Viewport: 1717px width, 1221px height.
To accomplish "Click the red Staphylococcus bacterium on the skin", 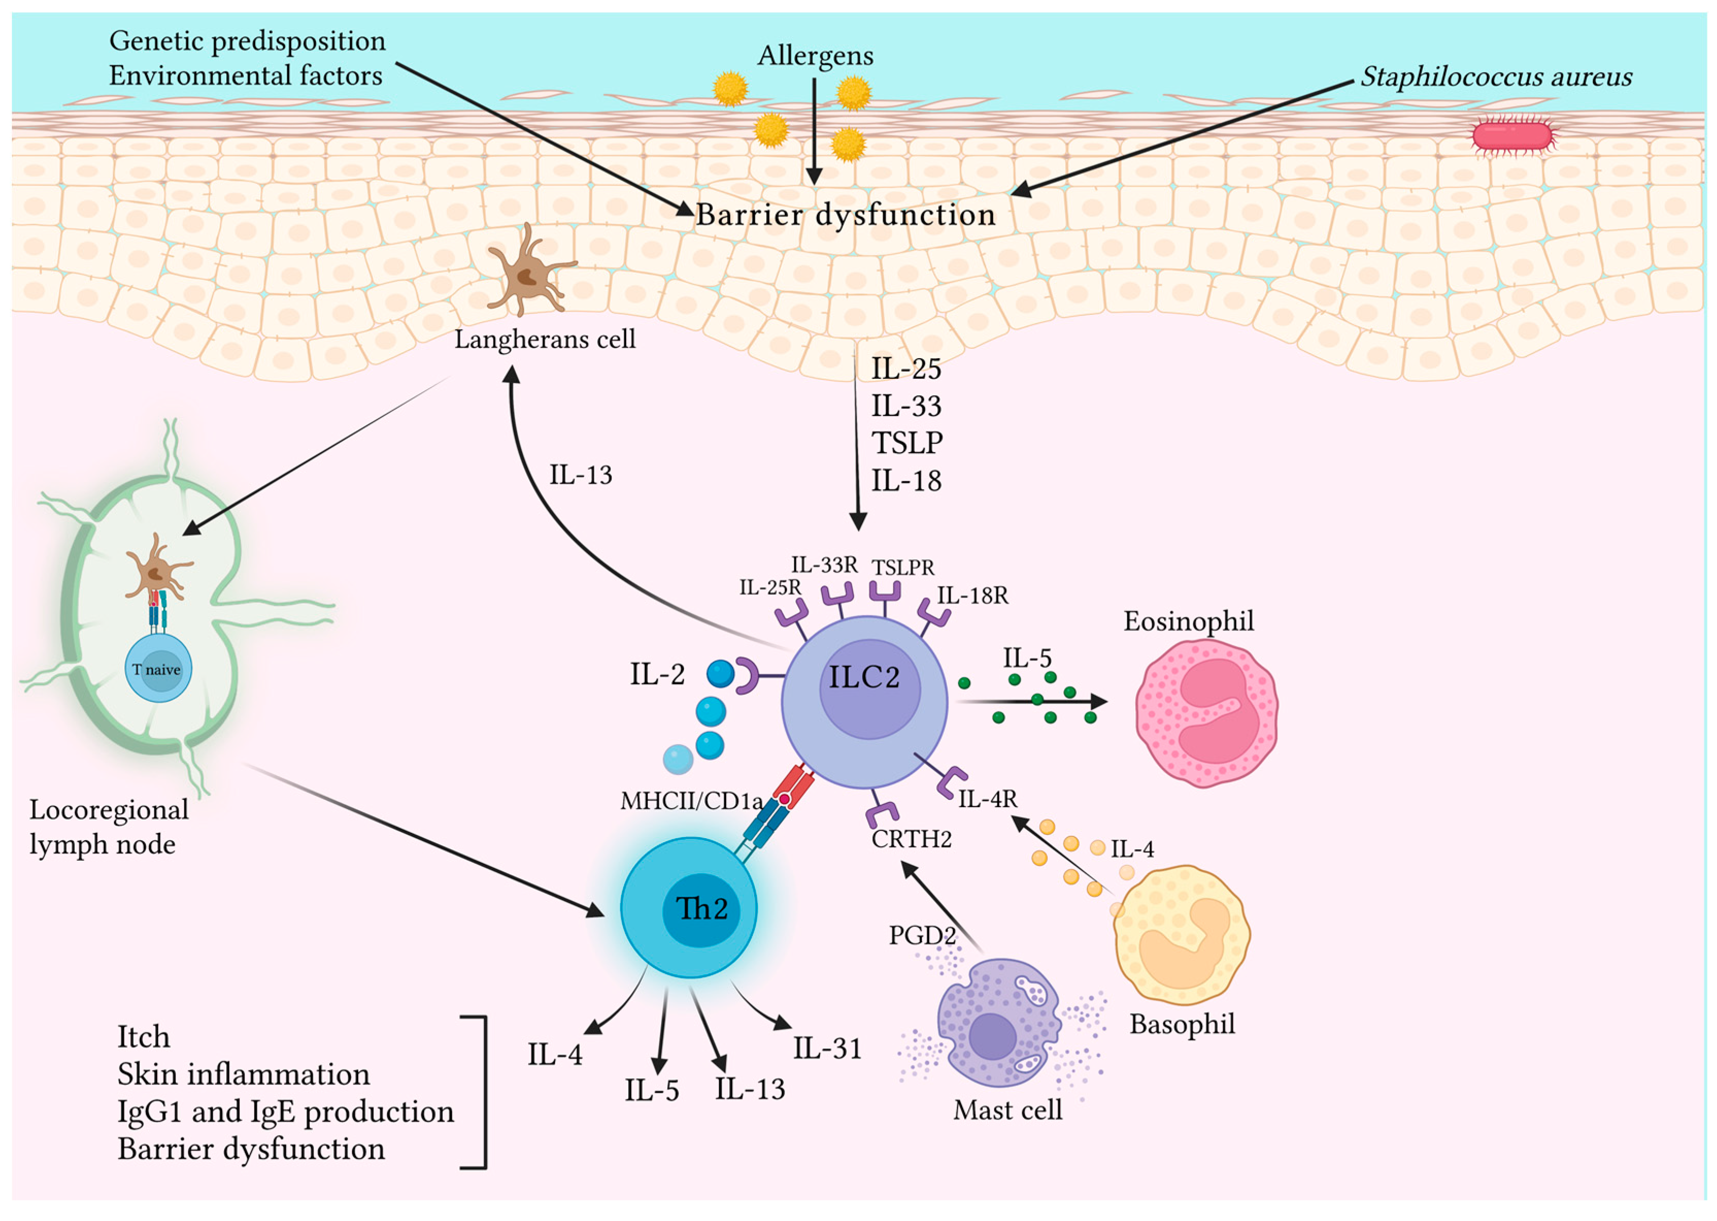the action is click(1512, 136).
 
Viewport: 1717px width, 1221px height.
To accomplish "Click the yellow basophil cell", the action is click(1181, 934).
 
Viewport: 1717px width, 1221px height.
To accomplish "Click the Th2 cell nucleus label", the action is click(701, 909).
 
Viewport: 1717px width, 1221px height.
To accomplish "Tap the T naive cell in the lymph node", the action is click(158, 668).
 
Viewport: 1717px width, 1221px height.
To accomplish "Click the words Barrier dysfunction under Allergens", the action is click(846, 215).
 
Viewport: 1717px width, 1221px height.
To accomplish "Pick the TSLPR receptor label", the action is click(903, 567).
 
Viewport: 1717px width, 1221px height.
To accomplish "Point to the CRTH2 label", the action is click(911, 838).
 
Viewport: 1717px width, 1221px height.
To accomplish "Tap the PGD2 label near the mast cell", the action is click(922, 935).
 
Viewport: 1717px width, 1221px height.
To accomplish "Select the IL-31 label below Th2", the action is click(827, 1048).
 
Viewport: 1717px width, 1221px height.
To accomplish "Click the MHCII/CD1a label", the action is click(692, 801).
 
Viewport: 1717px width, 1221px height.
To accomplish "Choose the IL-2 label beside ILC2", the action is click(657, 674).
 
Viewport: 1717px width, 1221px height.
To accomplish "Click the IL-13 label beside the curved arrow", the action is click(580, 475).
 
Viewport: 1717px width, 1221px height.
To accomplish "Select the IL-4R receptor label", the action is click(987, 798).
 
